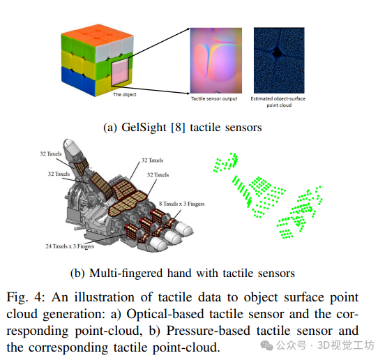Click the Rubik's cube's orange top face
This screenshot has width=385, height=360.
97,33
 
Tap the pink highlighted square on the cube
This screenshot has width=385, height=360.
120,72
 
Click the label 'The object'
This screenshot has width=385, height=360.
124,95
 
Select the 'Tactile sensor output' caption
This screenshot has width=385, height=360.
214,98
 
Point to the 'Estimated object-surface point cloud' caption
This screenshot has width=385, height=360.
278,102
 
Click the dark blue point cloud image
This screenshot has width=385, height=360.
279,61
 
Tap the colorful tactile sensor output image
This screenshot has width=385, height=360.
216,61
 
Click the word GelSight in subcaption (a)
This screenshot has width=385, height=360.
144,128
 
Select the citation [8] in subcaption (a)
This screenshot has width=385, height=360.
178,128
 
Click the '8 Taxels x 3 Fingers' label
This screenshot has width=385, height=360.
182,204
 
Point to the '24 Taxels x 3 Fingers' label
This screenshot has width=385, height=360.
70,246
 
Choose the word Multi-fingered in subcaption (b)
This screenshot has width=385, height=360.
126,273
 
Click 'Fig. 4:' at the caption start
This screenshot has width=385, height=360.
26,297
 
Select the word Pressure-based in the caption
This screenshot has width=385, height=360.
209,331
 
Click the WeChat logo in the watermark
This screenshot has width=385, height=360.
266,345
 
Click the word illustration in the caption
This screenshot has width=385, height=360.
105,297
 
